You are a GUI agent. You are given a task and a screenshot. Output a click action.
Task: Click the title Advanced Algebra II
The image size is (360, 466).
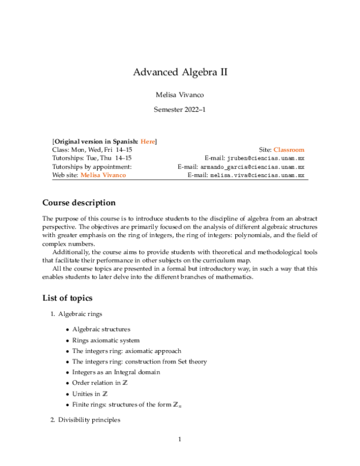pyautogui.click(x=180, y=73)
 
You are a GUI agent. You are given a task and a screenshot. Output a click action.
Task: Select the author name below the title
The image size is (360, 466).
pyautogui.click(x=180, y=94)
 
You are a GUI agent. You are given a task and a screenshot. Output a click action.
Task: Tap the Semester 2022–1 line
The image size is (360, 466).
pyautogui.click(x=180, y=110)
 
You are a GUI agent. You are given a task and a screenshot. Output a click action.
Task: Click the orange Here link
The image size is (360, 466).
pyautogui.click(x=147, y=141)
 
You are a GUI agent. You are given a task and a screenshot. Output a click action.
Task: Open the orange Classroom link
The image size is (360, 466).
pyautogui.click(x=289, y=150)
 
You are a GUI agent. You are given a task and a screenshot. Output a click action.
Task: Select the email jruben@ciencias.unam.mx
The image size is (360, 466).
pyautogui.click(x=263, y=159)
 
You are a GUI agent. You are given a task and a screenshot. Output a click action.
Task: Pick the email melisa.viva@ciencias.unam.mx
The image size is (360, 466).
pyautogui.click(x=257, y=175)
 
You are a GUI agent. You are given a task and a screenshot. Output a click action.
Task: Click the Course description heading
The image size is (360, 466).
pyautogui.click(x=79, y=203)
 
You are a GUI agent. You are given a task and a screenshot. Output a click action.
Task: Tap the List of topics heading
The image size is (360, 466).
pyautogui.click(x=67, y=298)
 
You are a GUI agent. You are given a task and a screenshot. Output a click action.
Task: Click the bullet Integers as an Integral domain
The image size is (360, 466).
pyautogui.click(x=116, y=372)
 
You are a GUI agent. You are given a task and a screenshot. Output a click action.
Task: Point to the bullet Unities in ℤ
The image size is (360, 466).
pyautogui.click(x=91, y=394)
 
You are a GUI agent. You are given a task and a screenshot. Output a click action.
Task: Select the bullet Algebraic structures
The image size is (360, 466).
pyautogui.click(x=101, y=329)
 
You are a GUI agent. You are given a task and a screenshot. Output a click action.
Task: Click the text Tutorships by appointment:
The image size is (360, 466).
pyautogui.click(x=92, y=167)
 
